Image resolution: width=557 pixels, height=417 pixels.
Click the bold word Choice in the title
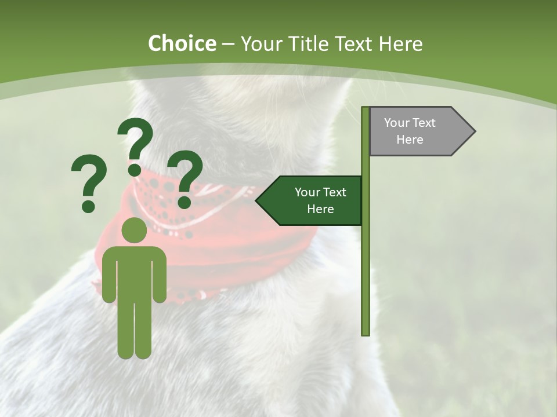pyautogui.click(x=182, y=43)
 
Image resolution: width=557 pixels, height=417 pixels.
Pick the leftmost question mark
pyautogui.click(x=89, y=180)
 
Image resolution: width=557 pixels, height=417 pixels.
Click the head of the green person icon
pyautogui.click(x=135, y=230)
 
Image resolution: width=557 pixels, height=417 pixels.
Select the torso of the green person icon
pyautogui.click(x=135, y=272)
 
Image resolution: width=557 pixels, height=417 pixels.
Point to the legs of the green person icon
pyautogui.click(x=135, y=330)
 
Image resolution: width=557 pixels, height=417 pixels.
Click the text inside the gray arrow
pyautogui.click(x=410, y=131)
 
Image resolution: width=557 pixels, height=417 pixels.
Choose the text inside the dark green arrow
pyautogui.click(x=320, y=200)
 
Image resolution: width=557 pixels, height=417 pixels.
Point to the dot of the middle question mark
pyautogui.click(x=135, y=169)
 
